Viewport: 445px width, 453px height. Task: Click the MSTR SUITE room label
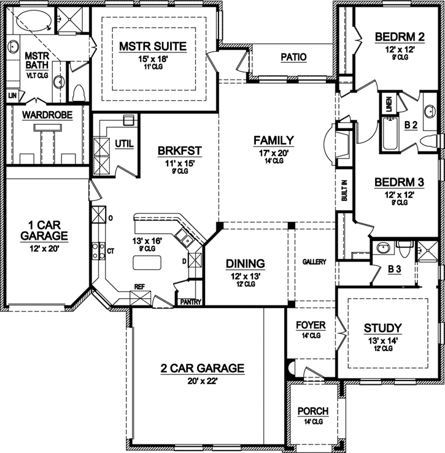click(x=153, y=46)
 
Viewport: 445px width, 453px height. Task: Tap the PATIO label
click(x=293, y=58)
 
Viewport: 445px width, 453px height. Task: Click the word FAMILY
click(x=273, y=140)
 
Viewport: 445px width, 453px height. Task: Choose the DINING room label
click(x=245, y=264)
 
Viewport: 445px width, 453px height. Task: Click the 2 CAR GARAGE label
click(x=203, y=369)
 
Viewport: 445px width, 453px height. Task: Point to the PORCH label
click(x=313, y=411)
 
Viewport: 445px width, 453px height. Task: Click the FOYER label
click(x=311, y=325)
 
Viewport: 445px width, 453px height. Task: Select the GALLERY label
click(x=314, y=262)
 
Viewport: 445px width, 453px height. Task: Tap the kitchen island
click(x=147, y=262)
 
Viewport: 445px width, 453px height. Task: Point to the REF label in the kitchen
click(x=140, y=287)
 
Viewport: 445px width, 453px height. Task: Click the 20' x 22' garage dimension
click(x=203, y=381)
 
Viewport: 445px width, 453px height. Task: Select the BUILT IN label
click(x=344, y=191)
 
